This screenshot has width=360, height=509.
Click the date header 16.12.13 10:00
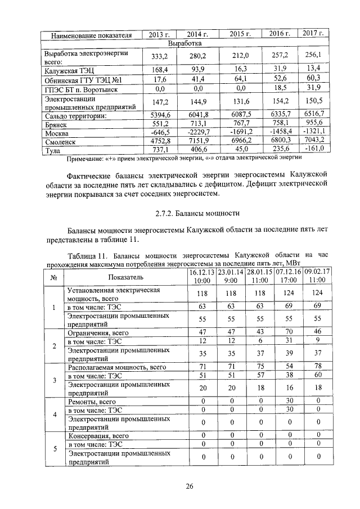click(201, 276)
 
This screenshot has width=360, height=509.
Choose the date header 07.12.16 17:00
click(288, 276)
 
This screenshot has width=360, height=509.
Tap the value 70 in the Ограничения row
click(288, 332)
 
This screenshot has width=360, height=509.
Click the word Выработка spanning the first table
click(185, 43)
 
